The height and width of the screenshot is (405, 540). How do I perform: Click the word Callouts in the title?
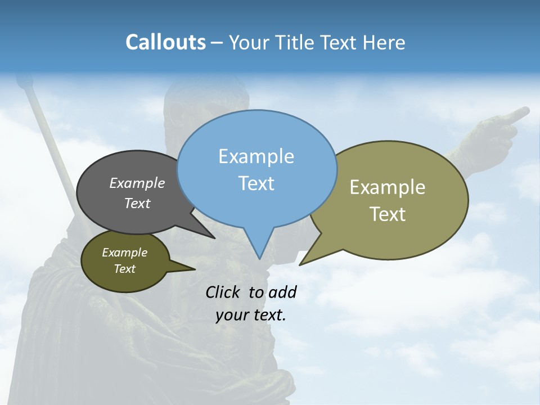(x=165, y=42)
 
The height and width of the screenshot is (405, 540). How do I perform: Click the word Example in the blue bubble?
(x=256, y=156)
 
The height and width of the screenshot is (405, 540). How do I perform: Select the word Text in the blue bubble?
(x=256, y=183)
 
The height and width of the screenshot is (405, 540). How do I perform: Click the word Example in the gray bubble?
(x=137, y=183)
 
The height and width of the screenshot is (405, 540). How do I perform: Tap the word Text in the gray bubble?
(x=137, y=203)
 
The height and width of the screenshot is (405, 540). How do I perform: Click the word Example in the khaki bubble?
(x=387, y=187)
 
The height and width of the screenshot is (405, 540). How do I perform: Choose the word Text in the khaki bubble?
(x=387, y=214)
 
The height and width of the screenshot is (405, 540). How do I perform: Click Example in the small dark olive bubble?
(x=124, y=253)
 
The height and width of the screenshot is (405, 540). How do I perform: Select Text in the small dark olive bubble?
(x=124, y=269)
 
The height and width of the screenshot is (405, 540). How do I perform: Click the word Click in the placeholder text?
(x=224, y=292)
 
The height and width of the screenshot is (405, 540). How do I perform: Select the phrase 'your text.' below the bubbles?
(x=251, y=315)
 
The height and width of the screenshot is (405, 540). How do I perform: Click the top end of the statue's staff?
(x=22, y=83)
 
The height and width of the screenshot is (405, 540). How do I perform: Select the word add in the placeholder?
(x=282, y=292)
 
